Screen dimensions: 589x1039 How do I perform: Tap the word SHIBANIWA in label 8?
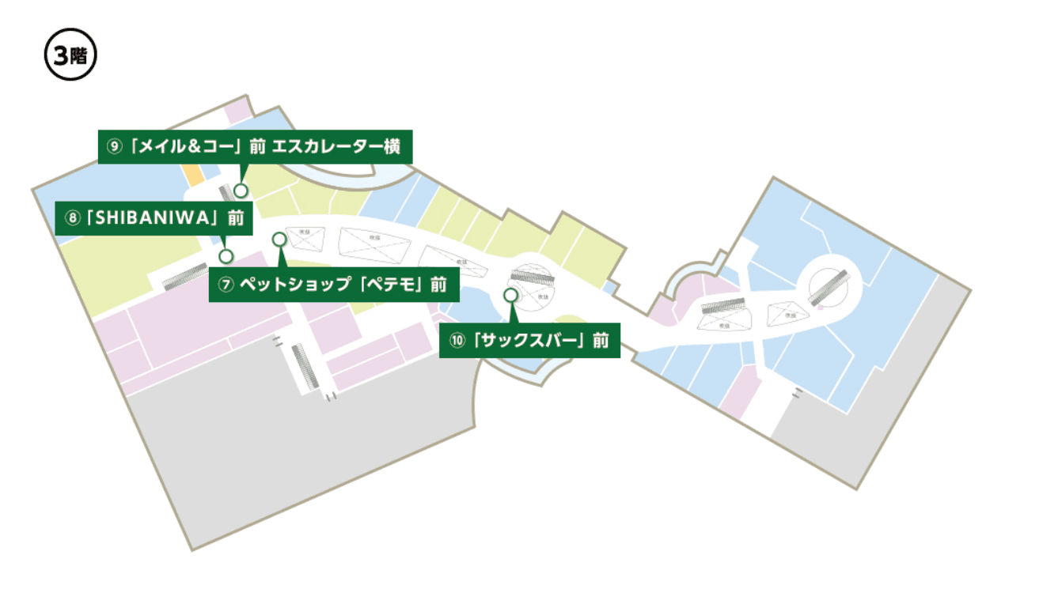click(x=150, y=218)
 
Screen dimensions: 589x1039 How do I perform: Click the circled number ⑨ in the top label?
click(x=114, y=146)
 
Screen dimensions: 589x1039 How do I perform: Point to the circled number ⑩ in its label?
click(x=457, y=341)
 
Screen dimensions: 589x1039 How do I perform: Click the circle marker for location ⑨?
click(x=241, y=190)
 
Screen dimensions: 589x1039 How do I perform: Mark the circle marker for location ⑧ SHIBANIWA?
click(x=226, y=255)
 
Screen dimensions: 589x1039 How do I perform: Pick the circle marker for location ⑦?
click(x=279, y=239)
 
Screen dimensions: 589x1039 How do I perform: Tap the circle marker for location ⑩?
click(x=510, y=294)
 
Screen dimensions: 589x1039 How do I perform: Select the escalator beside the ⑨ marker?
click(x=226, y=192)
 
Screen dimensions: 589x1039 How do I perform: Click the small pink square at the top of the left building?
click(x=237, y=111)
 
